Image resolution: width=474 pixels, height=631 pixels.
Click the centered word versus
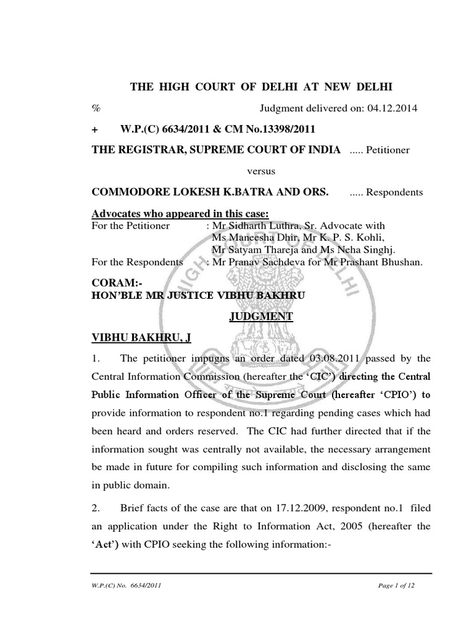click(x=261, y=171)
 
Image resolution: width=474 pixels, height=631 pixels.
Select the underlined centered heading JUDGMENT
click(x=261, y=317)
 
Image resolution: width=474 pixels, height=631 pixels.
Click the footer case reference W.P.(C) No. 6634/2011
click(x=130, y=585)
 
